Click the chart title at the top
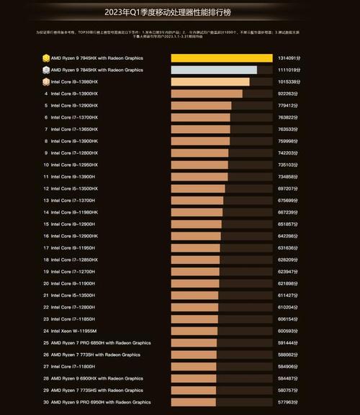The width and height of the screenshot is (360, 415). coord(179,12)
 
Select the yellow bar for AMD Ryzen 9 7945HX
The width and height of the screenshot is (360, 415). coord(221,58)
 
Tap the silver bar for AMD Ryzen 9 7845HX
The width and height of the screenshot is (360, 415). coord(214,70)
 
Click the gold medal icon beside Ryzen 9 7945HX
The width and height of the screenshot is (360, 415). coord(45,58)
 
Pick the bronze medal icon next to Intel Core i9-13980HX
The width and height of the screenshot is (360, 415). coord(45,82)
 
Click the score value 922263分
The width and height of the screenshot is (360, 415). coord(289,94)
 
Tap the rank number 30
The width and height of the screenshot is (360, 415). coord(46,402)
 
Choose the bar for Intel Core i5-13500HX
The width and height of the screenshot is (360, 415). coord(198,188)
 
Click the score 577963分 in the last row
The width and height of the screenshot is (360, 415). coord(289,402)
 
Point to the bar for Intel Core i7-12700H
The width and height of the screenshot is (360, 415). coord(194,272)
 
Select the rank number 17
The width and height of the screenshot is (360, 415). coord(46,248)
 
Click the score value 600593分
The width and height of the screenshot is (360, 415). coord(289,331)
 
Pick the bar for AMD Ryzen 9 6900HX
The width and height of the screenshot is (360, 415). coord(194,378)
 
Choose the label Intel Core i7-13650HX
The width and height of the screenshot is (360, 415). coord(76,129)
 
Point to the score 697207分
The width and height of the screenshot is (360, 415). coord(289,188)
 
